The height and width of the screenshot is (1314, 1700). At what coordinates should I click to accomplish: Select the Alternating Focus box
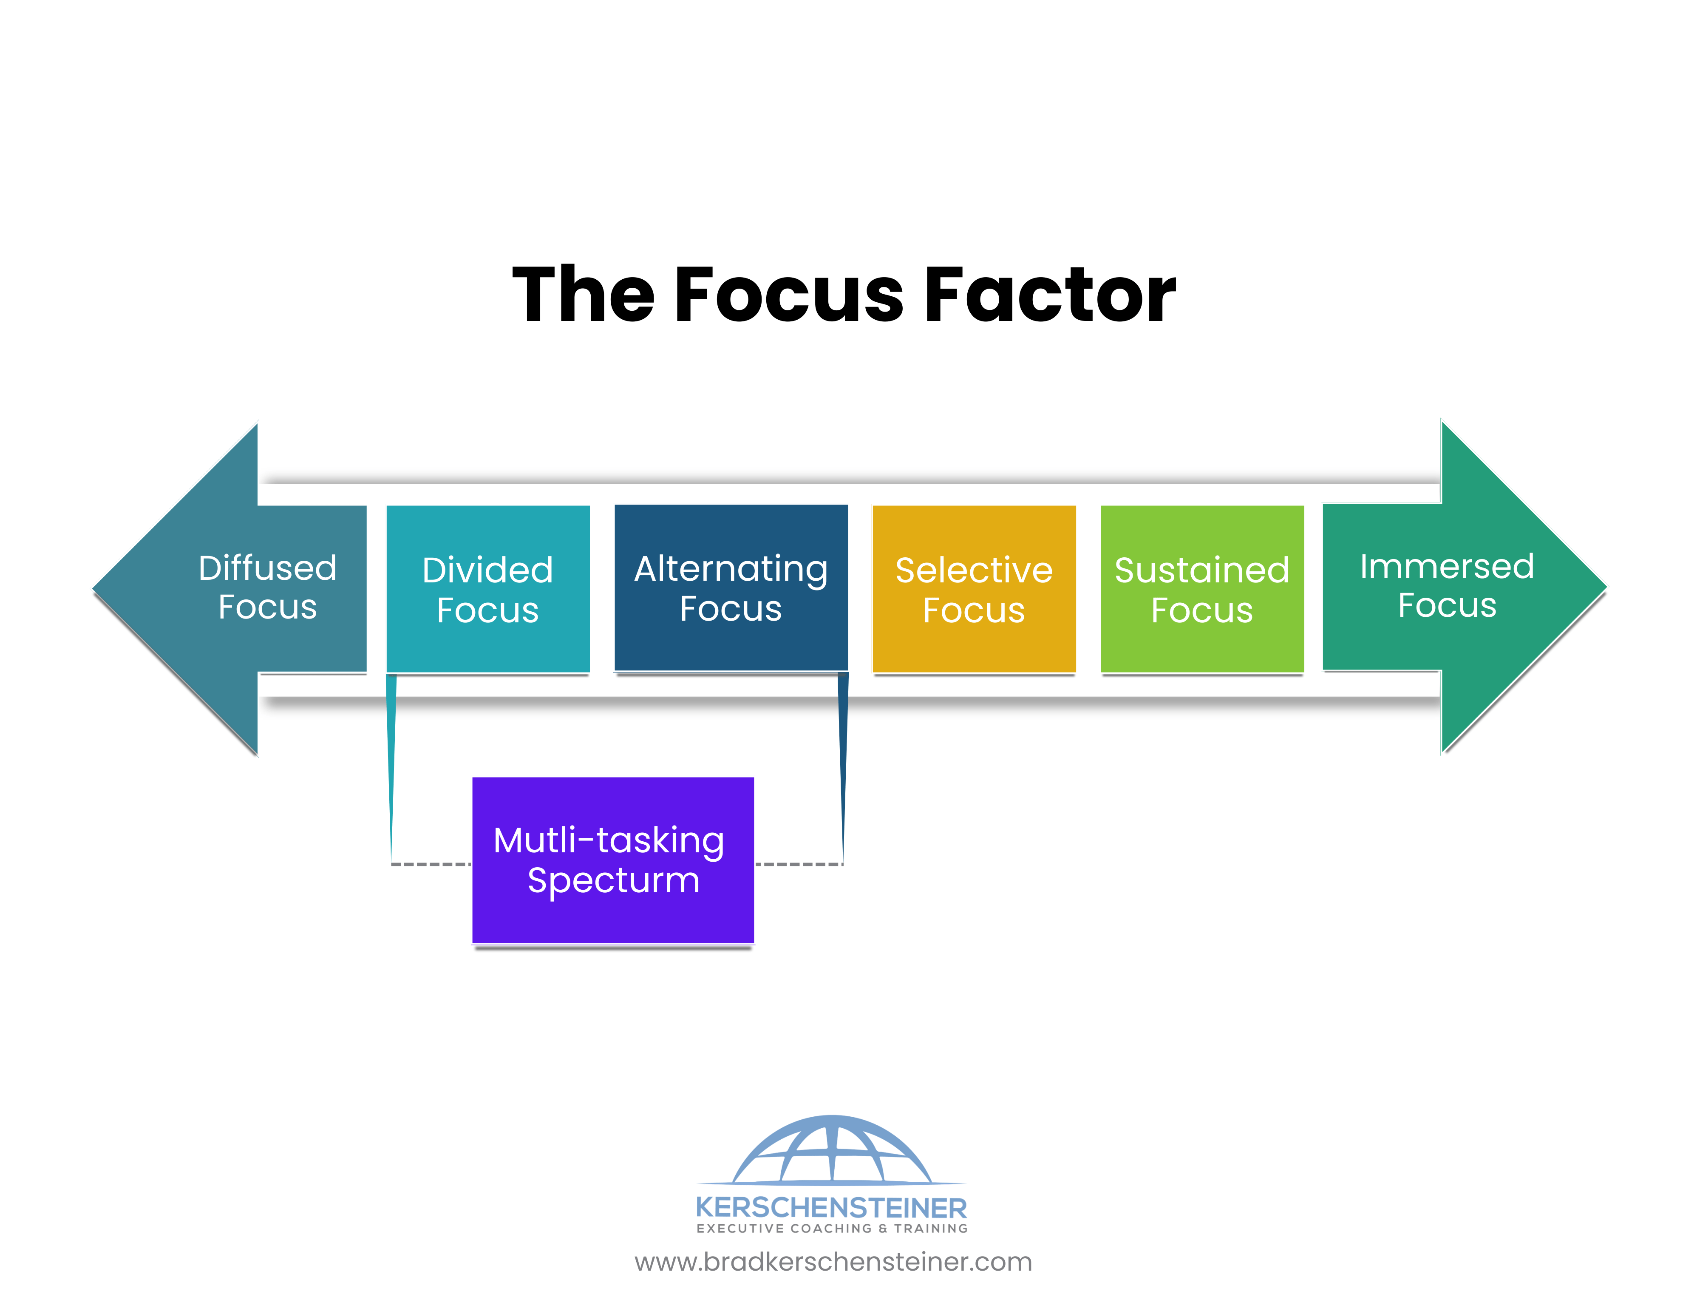coord(731,588)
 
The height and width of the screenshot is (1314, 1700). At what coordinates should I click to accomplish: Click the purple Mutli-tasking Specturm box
coord(613,860)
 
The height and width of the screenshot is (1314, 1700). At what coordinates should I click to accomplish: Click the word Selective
coord(974,570)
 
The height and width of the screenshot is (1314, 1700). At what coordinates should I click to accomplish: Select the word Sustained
coord(1202,570)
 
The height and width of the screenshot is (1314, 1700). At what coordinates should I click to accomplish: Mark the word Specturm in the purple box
coord(613,881)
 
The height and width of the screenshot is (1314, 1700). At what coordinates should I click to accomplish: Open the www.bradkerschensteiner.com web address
coord(833,1262)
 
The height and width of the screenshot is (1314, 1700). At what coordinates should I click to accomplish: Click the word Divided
coord(488,570)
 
